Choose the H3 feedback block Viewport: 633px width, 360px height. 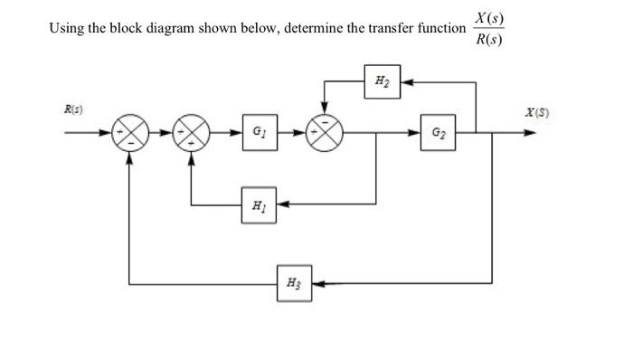tap(294, 281)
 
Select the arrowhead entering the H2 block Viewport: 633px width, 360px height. tap(402, 82)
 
